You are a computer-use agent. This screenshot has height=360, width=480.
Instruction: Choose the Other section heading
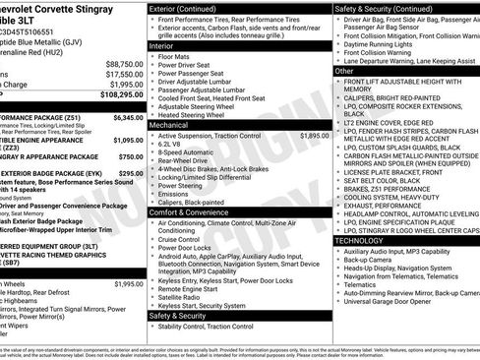(344, 71)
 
